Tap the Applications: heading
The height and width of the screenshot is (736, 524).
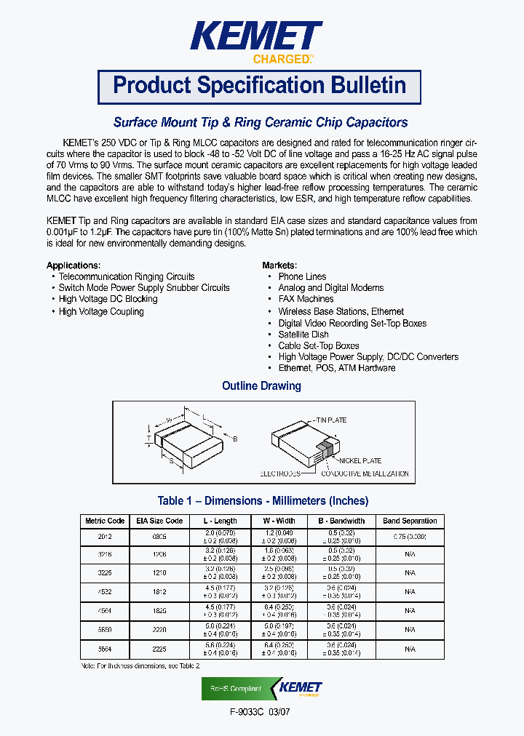pyautogui.click(x=74, y=265)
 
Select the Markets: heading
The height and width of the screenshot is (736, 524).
pyautogui.click(x=279, y=265)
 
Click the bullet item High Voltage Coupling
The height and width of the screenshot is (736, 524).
pyautogui.click(x=101, y=311)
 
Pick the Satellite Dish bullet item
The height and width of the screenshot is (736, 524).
pyautogui.click(x=303, y=335)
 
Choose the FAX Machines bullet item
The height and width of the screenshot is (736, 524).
pyautogui.click(x=306, y=299)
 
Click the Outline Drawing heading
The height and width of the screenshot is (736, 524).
pyautogui.click(x=261, y=386)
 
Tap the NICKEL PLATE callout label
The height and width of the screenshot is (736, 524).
pyautogui.click(x=360, y=461)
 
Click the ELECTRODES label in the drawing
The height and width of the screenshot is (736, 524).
pyautogui.click(x=280, y=474)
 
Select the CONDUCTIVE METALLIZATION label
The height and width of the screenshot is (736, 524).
pyautogui.click(x=365, y=474)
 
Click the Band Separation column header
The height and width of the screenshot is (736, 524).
pyautogui.click(x=410, y=521)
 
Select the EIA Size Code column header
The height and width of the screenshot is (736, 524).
pyautogui.click(x=159, y=521)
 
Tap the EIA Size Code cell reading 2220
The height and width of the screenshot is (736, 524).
pyautogui.click(x=159, y=629)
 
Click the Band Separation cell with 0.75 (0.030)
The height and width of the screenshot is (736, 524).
pyautogui.click(x=410, y=536)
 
